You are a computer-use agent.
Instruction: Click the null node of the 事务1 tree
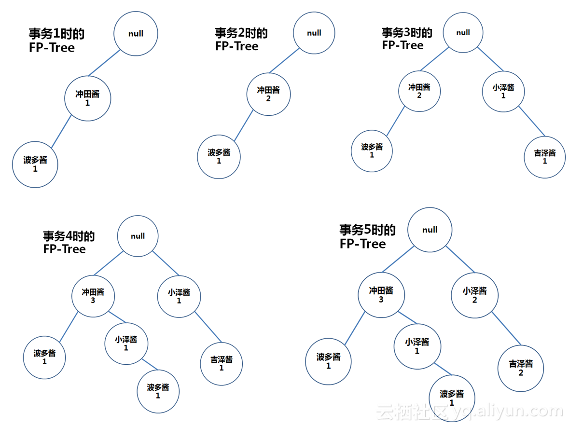136,34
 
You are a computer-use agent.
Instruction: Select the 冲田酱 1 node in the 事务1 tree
88,98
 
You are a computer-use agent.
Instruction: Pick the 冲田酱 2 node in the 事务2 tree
268,94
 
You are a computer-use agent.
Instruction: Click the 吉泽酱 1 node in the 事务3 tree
545,157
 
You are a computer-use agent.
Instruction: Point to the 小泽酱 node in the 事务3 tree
503,91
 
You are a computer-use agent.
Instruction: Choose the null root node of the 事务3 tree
463,33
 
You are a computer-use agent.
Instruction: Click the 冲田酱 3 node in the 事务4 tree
93,296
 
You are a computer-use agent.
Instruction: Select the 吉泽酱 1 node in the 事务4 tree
222,363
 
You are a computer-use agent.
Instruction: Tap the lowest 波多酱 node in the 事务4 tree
158,391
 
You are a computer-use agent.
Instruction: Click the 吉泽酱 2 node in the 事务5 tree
521,368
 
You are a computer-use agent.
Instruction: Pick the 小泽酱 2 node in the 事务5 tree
474,295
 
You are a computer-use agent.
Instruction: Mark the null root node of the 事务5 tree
430,230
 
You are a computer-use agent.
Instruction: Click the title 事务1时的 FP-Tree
56,41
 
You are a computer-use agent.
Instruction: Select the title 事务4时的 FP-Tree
69,242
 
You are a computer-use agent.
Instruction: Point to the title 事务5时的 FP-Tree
367,236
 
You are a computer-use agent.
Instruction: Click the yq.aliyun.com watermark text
509,412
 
